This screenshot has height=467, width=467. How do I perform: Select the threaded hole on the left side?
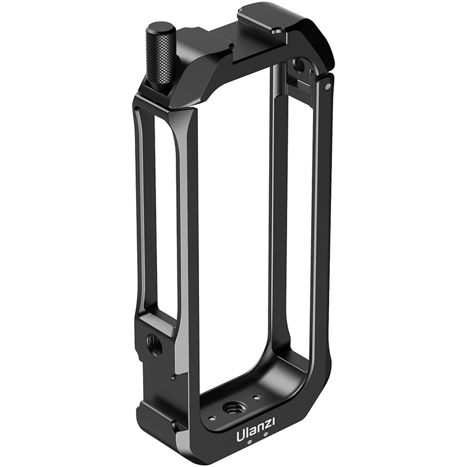[155, 344]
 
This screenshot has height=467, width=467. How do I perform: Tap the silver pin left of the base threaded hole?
[211, 417]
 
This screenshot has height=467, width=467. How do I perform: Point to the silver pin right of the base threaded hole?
[256, 397]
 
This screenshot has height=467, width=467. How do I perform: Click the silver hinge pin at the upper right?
[327, 86]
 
